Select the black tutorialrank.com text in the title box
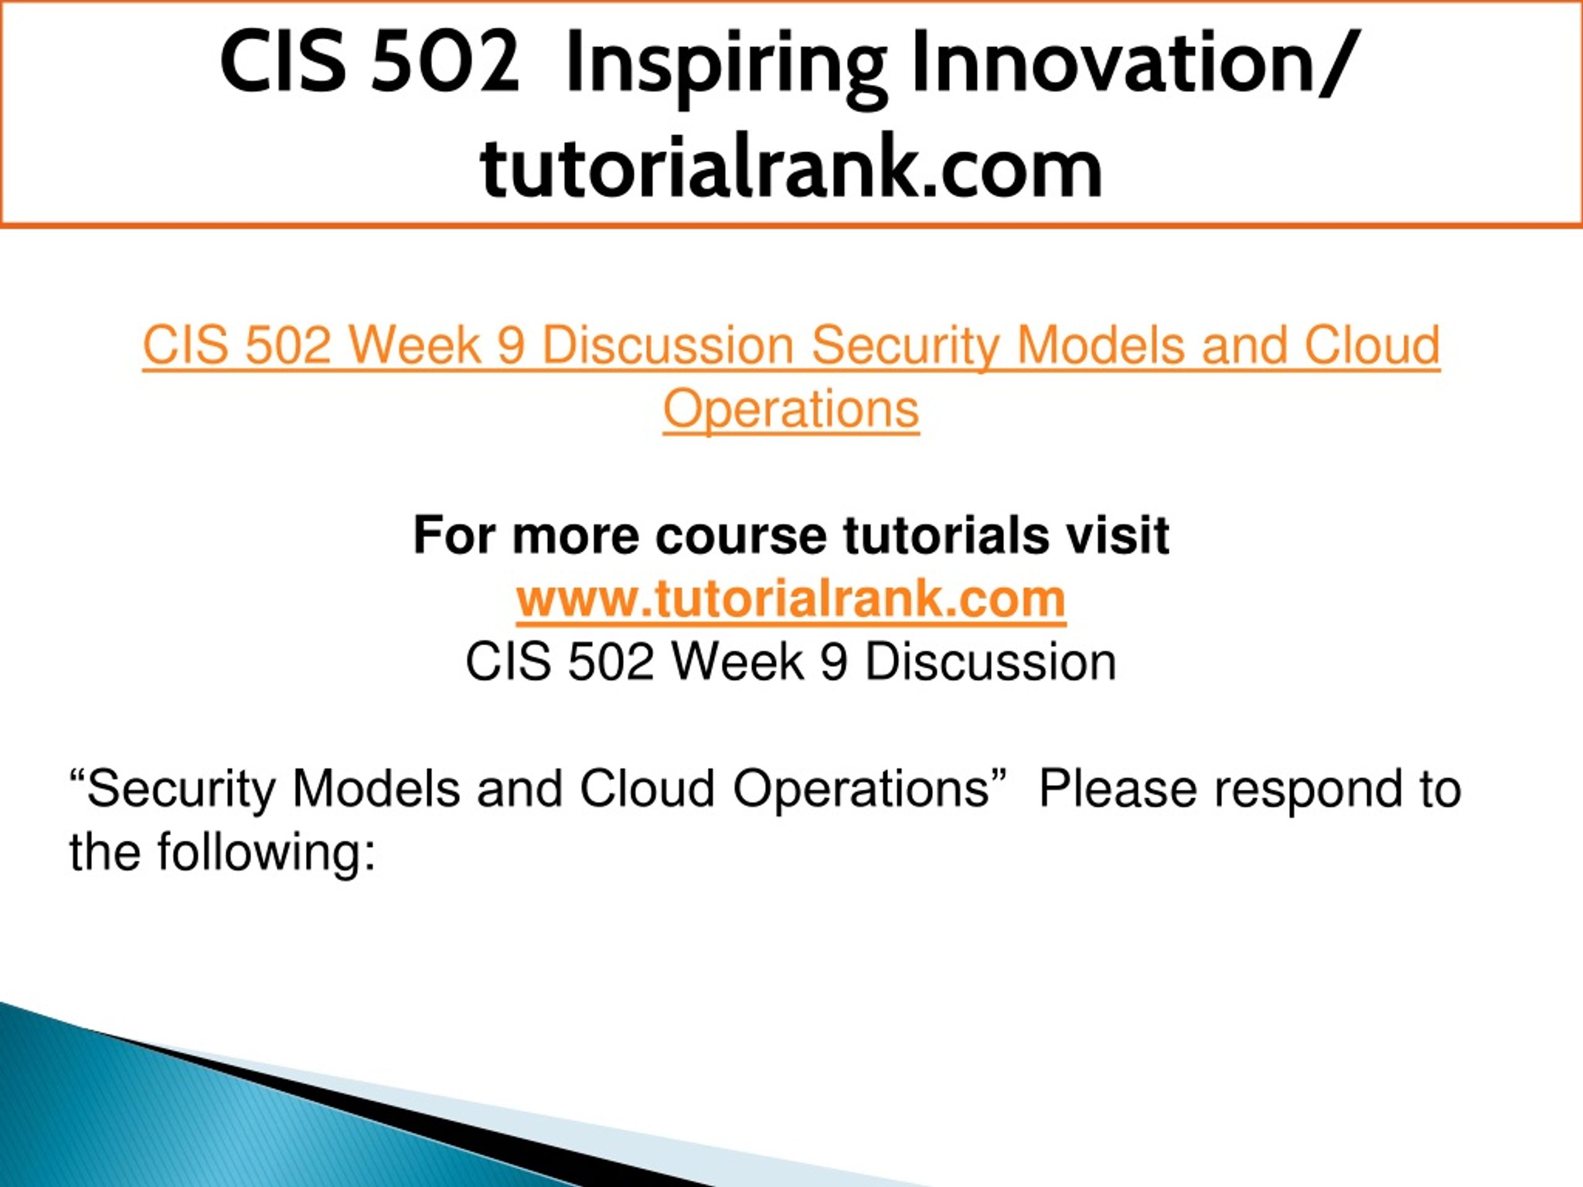791,168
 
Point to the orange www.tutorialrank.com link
791,599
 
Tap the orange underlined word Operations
791,410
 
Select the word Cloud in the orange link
1372,345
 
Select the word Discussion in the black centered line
991,662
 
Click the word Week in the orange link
414,346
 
